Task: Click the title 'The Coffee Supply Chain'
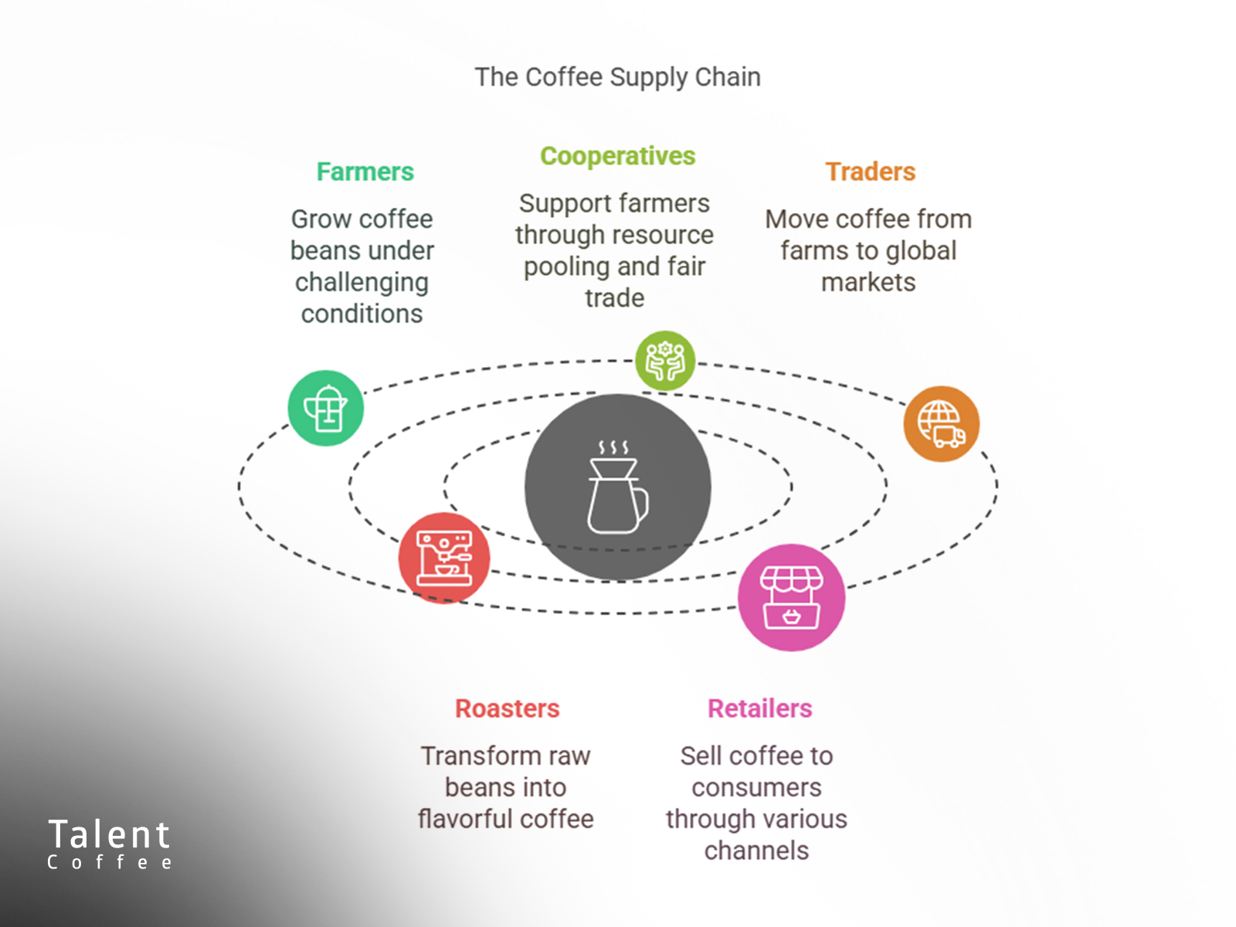coord(618,77)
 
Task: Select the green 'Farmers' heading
coord(365,171)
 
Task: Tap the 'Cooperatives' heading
coord(618,157)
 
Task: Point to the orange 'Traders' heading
coord(871,171)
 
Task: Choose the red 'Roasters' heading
coord(508,708)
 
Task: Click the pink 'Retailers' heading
coord(760,708)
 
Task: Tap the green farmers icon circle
coord(325,408)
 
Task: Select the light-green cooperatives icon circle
coord(665,361)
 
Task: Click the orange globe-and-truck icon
coord(942,424)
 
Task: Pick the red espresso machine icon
coord(444,558)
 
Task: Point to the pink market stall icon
coord(792,597)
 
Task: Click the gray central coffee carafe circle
coord(618,487)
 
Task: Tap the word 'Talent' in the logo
coord(109,834)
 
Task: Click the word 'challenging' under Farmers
coord(362,283)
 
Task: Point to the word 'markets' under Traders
coord(868,282)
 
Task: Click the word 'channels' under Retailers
coord(756,851)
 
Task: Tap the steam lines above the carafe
coord(613,447)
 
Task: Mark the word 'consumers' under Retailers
coord(756,788)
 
